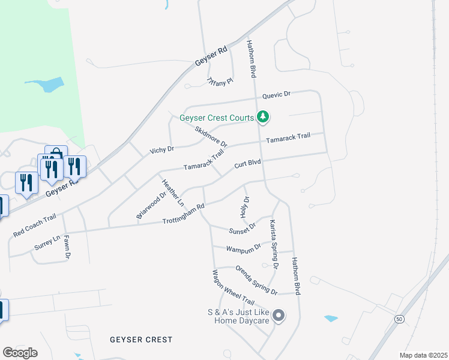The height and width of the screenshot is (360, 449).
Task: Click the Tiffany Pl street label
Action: click(x=219, y=82)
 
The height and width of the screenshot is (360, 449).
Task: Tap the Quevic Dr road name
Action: click(x=276, y=95)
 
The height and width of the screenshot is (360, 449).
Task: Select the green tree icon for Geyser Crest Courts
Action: click(x=262, y=116)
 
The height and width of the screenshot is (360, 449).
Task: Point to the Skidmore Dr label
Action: click(x=212, y=136)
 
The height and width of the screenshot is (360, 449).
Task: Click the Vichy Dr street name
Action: click(x=161, y=149)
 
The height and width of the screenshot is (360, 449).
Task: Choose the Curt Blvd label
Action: click(x=247, y=163)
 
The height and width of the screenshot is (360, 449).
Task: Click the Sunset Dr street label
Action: click(x=243, y=228)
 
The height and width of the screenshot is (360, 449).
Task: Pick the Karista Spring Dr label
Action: click(x=274, y=244)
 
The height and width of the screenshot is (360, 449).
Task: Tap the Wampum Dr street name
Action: click(x=244, y=247)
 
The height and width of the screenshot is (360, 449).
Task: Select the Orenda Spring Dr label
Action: click(x=256, y=280)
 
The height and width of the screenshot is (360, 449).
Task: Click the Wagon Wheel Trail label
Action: click(x=233, y=287)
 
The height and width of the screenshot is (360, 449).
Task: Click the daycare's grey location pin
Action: click(x=278, y=315)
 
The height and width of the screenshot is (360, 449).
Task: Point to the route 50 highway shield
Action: click(x=399, y=319)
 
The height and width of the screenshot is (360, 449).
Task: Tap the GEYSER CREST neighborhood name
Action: click(x=141, y=340)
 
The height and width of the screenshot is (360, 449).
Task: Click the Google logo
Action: click(x=20, y=353)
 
